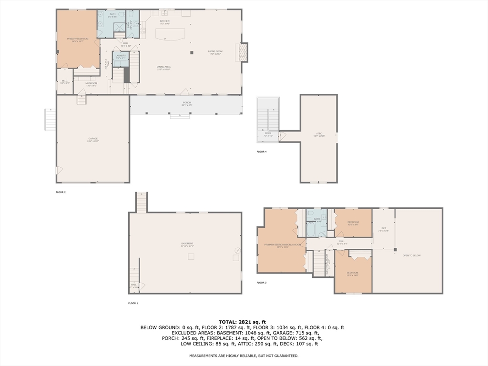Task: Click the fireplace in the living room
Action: (x=242, y=52)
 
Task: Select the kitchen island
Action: (x=171, y=35)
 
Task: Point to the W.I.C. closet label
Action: (x=65, y=82)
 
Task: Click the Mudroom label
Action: (x=91, y=84)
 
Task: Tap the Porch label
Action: (x=186, y=103)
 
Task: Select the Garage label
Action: (x=92, y=140)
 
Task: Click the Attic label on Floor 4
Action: (x=319, y=135)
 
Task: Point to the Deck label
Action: (x=268, y=134)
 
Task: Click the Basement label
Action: (x=187, y=244)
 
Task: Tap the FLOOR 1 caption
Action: (x=133, y=303)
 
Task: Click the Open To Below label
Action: (x=411, y=256)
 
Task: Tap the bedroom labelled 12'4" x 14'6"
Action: (x=353, y=274)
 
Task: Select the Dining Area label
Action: (x=164, y=68)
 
